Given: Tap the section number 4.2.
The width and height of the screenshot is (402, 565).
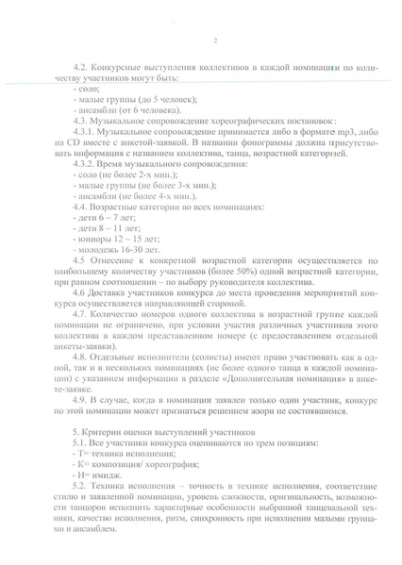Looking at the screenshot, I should point(80,69).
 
